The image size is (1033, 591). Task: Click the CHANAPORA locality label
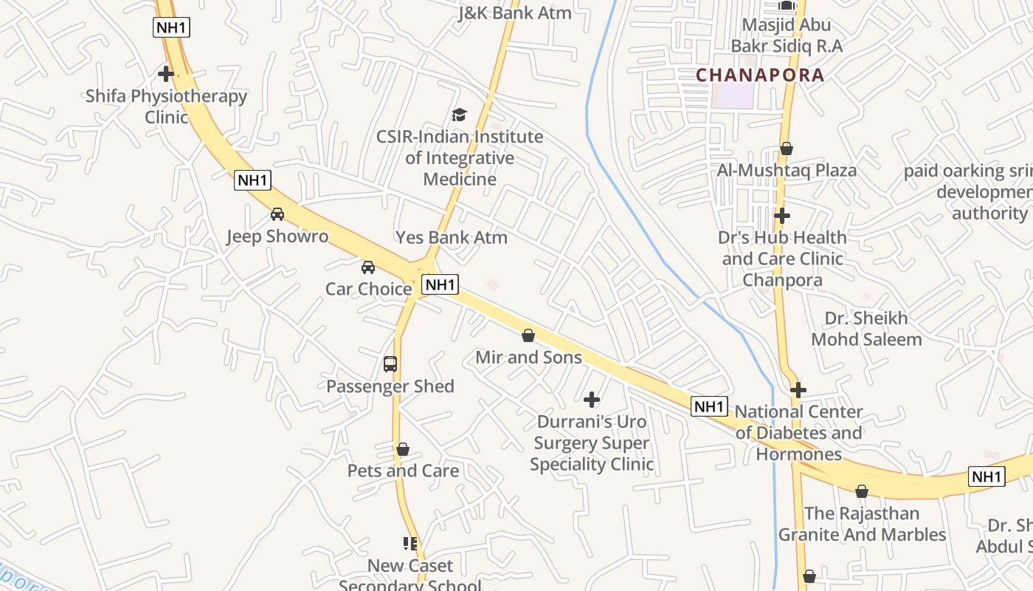[760, 75]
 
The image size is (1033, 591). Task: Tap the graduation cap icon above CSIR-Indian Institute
[460, 115]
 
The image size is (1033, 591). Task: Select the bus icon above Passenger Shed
[390, 364]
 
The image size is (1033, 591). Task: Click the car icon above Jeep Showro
[277, 214]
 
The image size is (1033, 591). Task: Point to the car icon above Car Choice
[368, 267]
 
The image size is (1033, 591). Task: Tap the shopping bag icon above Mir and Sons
[528, 335]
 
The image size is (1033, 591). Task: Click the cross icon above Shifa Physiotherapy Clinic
[166, 74]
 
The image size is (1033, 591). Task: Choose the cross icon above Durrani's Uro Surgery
[592, 400]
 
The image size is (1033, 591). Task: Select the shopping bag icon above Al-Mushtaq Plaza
[787, 148]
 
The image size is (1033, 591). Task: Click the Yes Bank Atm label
[452, 237]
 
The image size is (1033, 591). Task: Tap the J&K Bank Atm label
[515, 13]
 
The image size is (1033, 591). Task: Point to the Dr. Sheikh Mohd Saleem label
[866, 329]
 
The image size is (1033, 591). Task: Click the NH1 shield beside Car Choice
[440, 284]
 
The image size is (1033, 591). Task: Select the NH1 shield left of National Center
[709, 406]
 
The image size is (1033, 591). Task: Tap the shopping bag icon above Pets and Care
[403, 449]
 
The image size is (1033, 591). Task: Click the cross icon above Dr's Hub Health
[782, 216]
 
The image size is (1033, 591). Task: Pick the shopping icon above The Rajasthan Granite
[862, 491]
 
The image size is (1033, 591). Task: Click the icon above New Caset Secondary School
[410, 544]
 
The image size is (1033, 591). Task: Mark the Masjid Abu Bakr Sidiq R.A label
[787, 35]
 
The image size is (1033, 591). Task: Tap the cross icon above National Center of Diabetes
[798, 390]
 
